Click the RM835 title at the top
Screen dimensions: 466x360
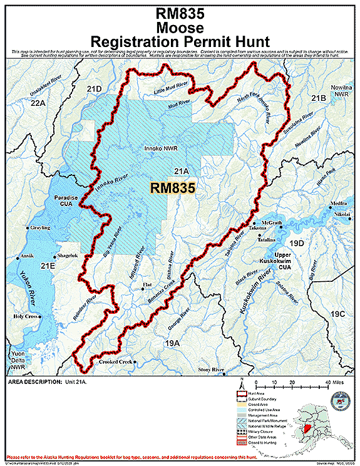pyautogui.click(x=180, y=13)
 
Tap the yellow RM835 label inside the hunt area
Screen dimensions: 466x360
pyautogui.click(x=173, y=187)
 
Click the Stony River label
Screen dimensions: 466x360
pyautogui.click(x=211, y=370)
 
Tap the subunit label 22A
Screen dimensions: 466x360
pyautogui.click(x=38, y=103)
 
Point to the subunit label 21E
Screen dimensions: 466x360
pyautogui.click(x=48, y=266)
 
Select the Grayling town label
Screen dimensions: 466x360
pyautogui.click(x=40, y=228)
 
